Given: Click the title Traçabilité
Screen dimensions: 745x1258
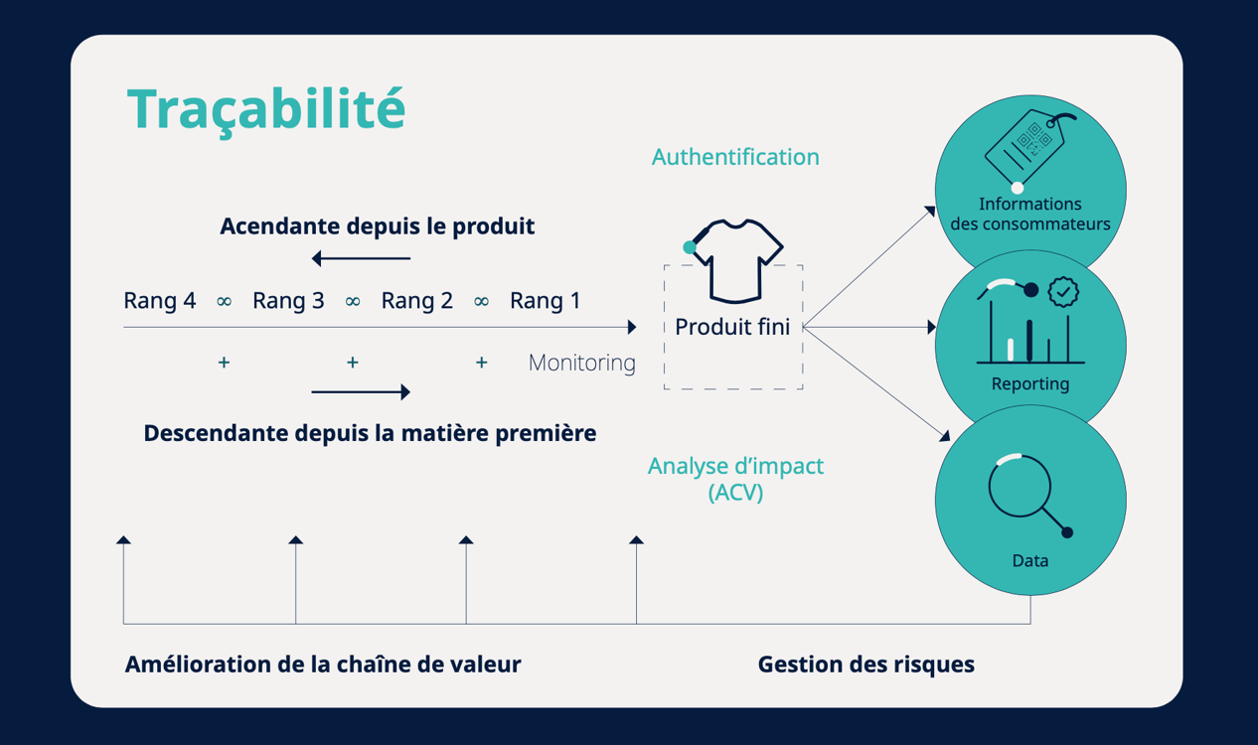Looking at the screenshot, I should [266, 108].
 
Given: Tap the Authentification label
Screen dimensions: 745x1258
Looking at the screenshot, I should [735, 157].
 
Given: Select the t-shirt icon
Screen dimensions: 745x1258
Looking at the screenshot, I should [737, 260].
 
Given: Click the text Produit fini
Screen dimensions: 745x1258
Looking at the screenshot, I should [732, 327].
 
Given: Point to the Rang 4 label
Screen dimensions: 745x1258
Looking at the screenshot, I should [160, 301].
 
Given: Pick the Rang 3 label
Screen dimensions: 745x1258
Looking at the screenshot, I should [288, 301].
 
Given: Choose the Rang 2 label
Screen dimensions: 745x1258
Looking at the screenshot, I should [417, 301].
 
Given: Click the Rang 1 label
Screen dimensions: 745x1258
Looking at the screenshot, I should [545, 301].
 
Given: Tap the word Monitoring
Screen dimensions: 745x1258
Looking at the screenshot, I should [581, 364].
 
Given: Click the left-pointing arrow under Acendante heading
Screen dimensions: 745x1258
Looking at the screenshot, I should [361, 259].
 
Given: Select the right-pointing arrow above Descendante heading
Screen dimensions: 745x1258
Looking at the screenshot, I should [361, 392].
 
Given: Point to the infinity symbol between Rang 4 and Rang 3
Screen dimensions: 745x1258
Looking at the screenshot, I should [225, 301].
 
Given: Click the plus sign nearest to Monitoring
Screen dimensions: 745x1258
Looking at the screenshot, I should [481, 364].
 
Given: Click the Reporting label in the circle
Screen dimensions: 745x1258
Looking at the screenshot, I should [1030, 384].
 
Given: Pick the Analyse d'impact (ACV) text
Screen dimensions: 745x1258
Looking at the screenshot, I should [735, 478].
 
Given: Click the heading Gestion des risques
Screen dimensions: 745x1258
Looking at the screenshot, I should [865, 665].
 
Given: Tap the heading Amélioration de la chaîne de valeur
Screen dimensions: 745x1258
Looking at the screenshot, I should [323, 665].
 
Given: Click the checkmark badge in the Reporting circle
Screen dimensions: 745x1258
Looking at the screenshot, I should [1063, 292].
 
